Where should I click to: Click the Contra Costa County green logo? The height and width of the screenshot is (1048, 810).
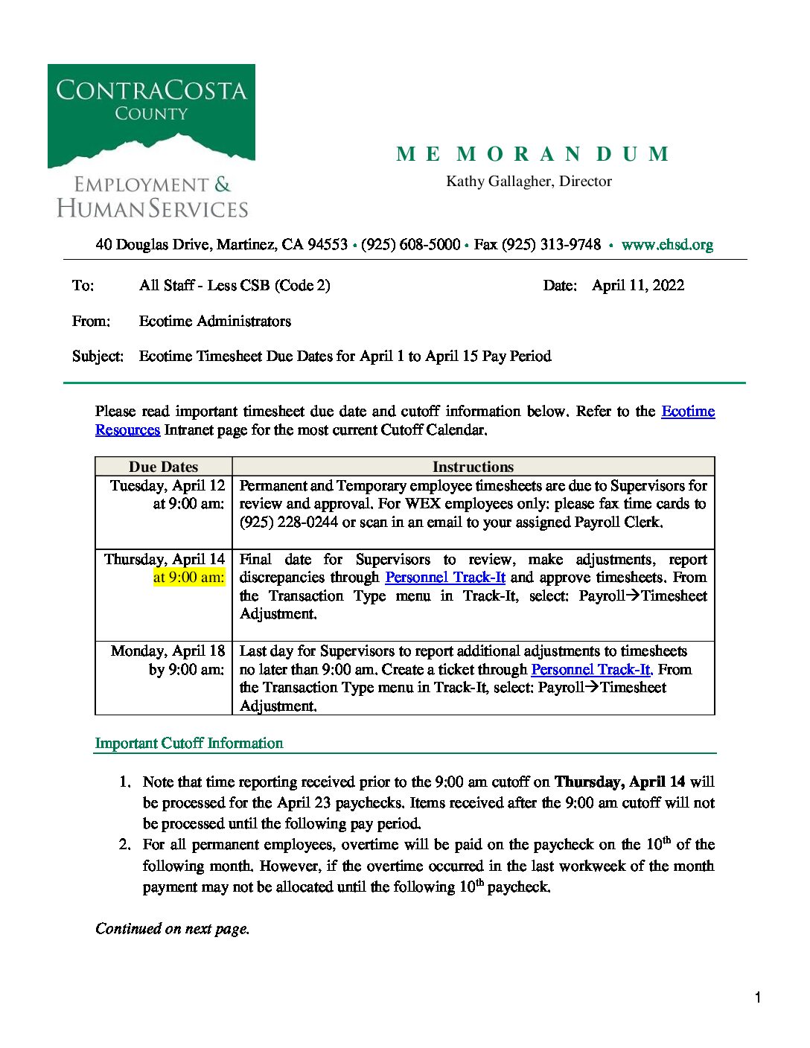tap(151, 115)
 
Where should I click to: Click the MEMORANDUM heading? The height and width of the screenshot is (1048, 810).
tap(533, 154)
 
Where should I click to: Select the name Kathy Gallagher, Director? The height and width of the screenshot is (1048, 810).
tap(529, 182)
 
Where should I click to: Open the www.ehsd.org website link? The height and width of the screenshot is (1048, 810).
tap(667, 245)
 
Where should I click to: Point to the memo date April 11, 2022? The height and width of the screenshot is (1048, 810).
tap(637, 286)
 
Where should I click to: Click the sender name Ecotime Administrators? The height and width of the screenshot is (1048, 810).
tap(214, 322)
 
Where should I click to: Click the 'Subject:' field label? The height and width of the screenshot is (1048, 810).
tap(98, 357)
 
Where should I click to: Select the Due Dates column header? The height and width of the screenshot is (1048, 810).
tap(163, 467)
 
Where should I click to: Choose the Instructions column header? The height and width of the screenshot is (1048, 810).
tap(473, 467)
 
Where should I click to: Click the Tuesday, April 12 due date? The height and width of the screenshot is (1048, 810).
tap(168, 486)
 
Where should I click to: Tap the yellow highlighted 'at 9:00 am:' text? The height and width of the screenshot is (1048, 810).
tap(188, 578)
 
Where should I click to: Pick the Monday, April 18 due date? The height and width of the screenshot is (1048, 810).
tap(168, 651)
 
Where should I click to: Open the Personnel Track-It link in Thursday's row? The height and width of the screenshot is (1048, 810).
tap(445, 578)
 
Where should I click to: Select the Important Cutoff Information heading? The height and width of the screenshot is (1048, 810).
tap(189, 744)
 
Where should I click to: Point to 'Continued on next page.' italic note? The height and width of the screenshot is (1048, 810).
tap(172, 929)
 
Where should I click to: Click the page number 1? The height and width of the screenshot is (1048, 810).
tap(757, 998)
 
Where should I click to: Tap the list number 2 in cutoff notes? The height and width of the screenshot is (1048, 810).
tap(124, 845)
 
